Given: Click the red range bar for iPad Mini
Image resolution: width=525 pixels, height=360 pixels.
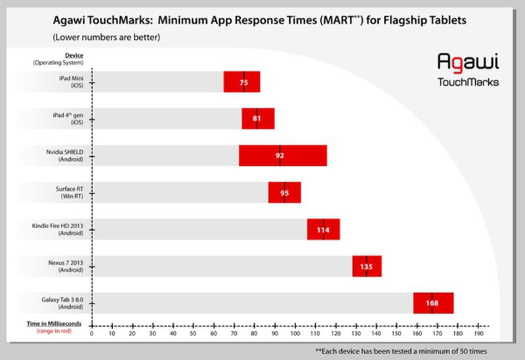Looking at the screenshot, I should (x=241, y=82).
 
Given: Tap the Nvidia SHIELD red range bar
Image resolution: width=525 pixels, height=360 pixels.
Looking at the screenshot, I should (x=282, y=156).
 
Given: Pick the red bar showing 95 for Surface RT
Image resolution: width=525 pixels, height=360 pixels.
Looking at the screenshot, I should (x=284, y=193).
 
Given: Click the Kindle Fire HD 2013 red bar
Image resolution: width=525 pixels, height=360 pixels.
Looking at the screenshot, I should (x=323, y=230).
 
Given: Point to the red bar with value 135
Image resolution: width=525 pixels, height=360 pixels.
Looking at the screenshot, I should (x=366, y=267).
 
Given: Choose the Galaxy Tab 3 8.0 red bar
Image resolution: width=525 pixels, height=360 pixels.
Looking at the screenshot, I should (x=433, y=304).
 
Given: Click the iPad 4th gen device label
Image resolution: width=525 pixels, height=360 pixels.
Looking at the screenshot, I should (x=70, y=118).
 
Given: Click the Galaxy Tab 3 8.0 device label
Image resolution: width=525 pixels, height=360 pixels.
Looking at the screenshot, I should (x=64, y=303).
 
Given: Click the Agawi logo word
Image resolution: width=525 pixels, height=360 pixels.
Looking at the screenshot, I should (x=468, y=63).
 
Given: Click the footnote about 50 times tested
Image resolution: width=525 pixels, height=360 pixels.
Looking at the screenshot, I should (x=401, y=351).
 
